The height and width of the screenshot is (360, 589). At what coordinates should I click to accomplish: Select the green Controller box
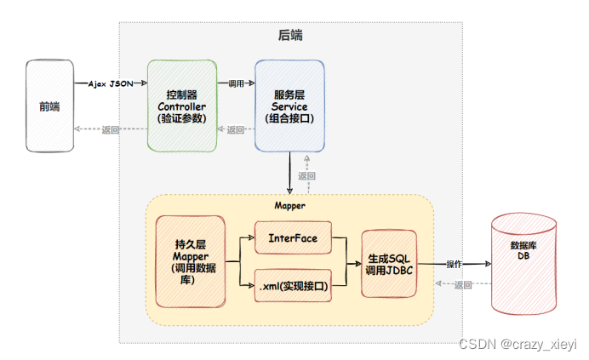point(181,106)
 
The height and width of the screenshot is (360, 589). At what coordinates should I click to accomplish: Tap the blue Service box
point(289,106)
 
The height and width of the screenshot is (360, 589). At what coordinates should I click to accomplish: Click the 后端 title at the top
point(290,36)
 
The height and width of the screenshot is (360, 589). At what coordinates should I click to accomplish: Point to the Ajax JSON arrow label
point(110,83)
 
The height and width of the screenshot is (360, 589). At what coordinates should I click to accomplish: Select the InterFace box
point(292,238)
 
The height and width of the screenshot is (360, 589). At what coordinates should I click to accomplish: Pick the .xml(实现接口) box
point(293,286)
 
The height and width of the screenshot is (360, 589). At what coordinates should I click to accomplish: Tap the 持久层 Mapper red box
point(191,261)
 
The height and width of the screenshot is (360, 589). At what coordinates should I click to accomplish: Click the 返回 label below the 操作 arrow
point(463,285)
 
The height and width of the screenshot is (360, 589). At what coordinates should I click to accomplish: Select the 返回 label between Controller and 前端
point(110,129)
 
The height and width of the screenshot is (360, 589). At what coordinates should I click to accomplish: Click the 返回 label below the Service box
point(306,176)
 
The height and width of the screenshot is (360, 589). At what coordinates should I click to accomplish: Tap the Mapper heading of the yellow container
point(289,206)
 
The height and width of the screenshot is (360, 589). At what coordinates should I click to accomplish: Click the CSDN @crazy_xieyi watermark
point(518,344)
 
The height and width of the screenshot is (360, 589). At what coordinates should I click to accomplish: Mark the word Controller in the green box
point(181,106)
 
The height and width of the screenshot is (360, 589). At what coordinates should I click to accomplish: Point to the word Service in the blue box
point(289,106)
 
